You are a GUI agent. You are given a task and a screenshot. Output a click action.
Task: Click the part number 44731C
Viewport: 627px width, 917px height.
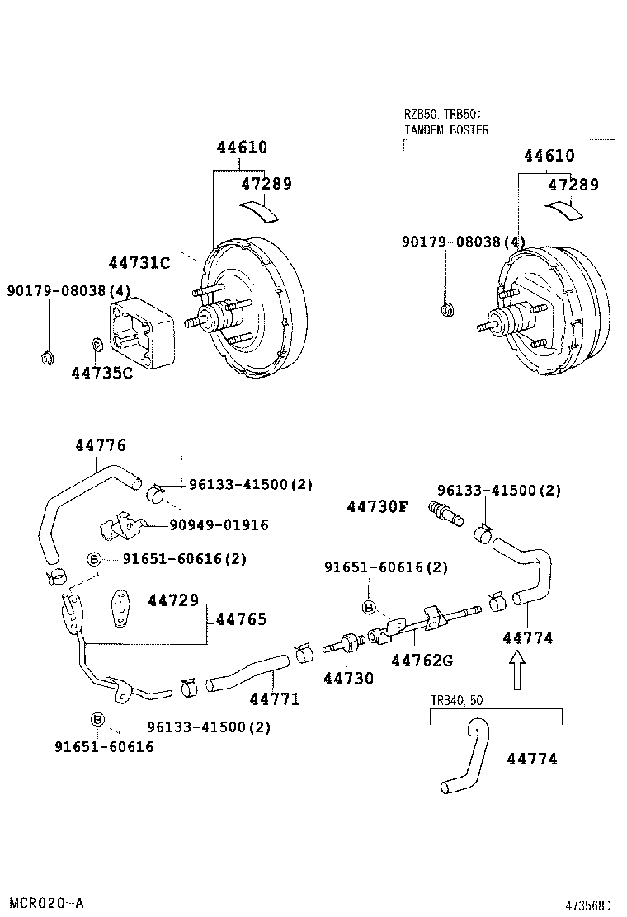click(139, 263)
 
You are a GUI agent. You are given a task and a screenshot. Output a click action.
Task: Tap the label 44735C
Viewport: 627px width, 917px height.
click(101, 373)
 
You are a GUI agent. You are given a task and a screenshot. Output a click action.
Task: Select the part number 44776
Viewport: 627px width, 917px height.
click(101, 445)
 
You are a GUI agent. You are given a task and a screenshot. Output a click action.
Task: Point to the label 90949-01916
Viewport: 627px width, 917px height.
click(219, 525)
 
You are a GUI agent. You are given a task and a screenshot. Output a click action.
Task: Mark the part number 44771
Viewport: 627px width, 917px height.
click(275, 699)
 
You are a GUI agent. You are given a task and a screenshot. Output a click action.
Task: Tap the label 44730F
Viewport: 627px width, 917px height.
click(376, 506)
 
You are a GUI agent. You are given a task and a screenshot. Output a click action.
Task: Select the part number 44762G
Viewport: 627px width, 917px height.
click(422, 660)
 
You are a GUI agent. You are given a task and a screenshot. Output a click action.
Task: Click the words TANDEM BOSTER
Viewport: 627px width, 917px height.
click(445, 129)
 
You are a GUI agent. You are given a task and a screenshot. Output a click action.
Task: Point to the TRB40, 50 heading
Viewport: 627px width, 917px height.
click(457, 700)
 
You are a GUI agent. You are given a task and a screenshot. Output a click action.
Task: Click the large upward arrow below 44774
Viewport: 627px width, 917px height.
click(516, 670)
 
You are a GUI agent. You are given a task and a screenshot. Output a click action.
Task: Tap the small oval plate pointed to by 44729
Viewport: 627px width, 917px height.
click(121, 608)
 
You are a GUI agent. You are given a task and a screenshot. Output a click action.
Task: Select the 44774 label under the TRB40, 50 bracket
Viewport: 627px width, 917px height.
click(531, 759)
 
